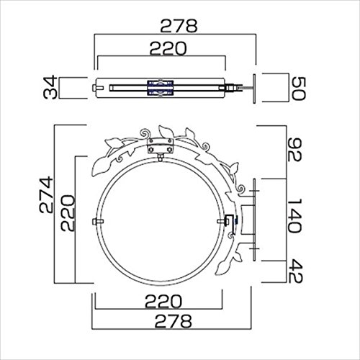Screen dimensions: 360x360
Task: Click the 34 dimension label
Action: click(50, 87)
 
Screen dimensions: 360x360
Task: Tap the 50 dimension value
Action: click(298, 89)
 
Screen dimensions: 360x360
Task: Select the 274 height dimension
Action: click(46, 194)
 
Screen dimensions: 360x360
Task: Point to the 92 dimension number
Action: click(294, 150)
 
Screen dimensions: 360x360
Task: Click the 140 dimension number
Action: click(294, 215)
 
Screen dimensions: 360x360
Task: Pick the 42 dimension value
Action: click(295, 271)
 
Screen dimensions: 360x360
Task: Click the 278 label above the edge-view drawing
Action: click(179, 26)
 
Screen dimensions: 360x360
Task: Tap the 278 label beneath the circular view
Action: click(174, 321)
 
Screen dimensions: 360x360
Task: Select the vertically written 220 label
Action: click(68, 213)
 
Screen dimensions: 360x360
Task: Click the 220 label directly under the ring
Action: click(163, 301)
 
